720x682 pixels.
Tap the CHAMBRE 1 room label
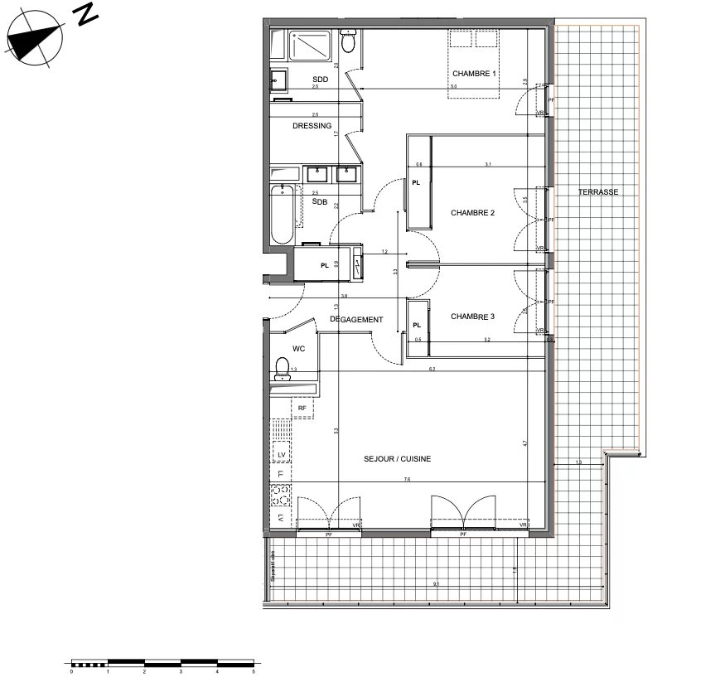point(473,74)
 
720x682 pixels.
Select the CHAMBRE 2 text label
point(472,213)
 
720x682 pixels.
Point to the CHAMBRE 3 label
point(472,317)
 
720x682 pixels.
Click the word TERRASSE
point(598,191)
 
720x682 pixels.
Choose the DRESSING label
point(312,126)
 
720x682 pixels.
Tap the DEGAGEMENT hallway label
point(356,320)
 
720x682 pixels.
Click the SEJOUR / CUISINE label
point(397,458)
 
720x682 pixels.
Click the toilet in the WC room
point(283,366)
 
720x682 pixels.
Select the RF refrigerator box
point(302,408)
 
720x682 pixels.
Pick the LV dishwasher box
point(281,454)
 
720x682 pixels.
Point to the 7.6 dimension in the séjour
point(407,480)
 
